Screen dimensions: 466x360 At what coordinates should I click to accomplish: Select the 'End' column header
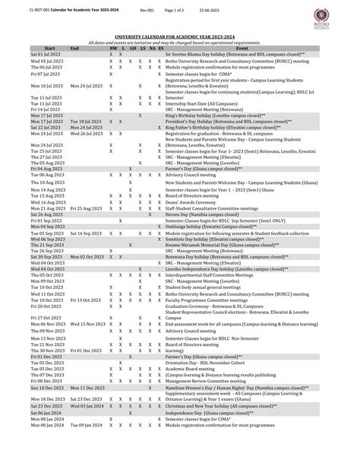coord(74,47)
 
